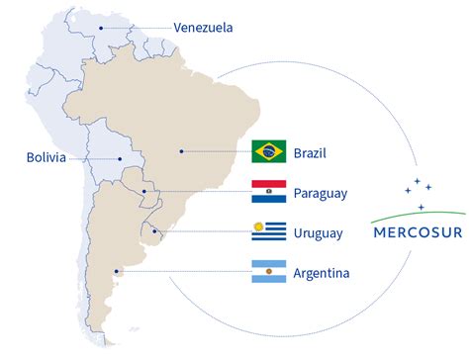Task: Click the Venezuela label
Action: coord(204,28)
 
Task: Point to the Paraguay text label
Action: coord(321,193)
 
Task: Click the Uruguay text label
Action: coord(319,233)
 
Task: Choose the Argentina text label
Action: coord(322,272)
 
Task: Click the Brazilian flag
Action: coord(269,151)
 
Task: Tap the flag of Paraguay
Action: coord(269,192)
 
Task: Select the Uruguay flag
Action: coord(269,232)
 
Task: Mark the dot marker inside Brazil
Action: coord(180,151)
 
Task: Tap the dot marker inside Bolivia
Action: coord(121,157)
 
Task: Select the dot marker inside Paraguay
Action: coord(144,192)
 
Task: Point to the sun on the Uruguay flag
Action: coord(258,227)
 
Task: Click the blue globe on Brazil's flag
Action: coord(269,151)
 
